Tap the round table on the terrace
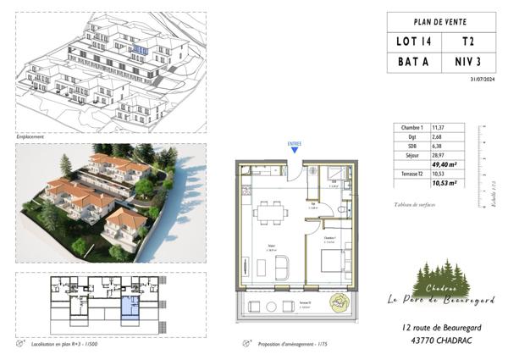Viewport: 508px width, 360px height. tap(338, 300)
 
